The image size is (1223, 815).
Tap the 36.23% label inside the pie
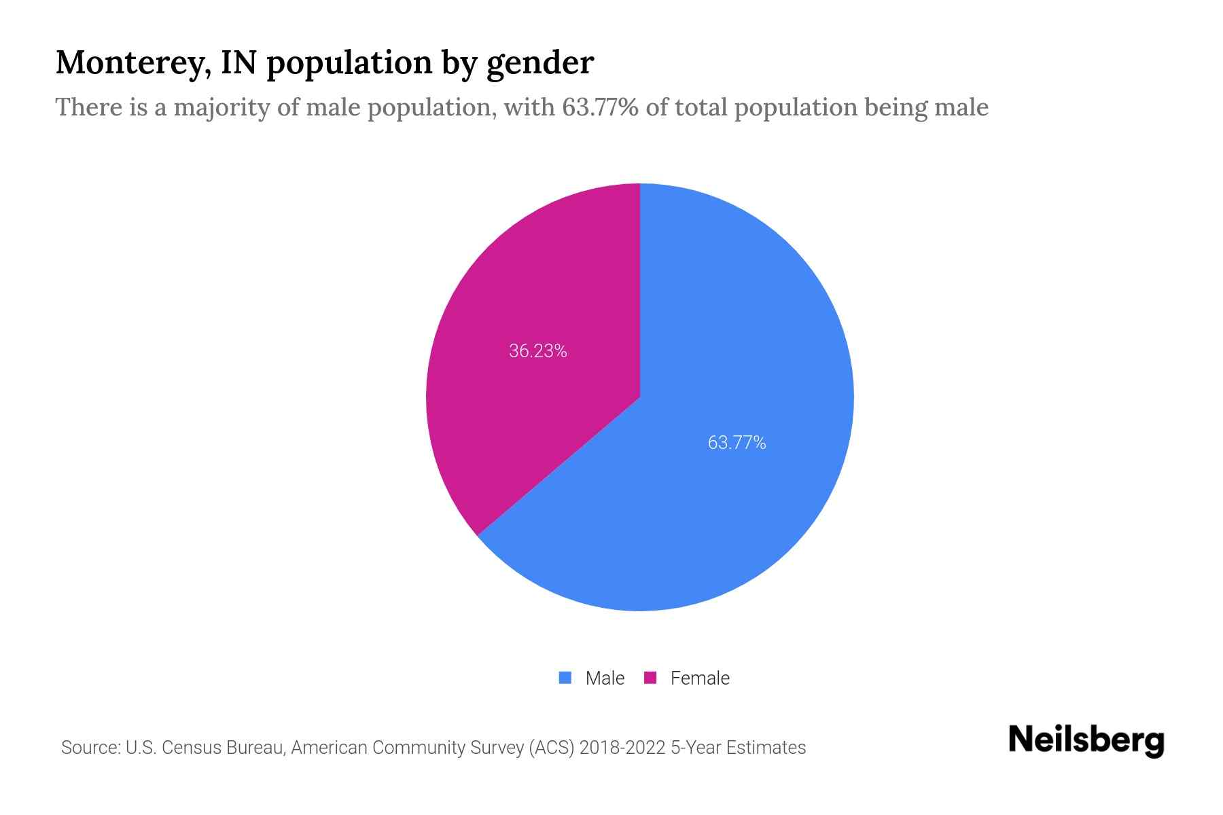click(537, 351)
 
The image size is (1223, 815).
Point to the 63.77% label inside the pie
click(737, 443)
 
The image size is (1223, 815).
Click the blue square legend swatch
click(565, 678)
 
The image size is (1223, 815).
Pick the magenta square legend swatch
click(650, 678)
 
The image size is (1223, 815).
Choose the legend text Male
click(605, 678)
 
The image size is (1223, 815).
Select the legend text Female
click(700, 678)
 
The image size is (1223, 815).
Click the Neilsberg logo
click(1086, 740)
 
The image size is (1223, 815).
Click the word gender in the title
click(540, 62)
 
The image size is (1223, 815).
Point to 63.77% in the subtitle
click(600, 107)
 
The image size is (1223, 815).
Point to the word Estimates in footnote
click(766, 748)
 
